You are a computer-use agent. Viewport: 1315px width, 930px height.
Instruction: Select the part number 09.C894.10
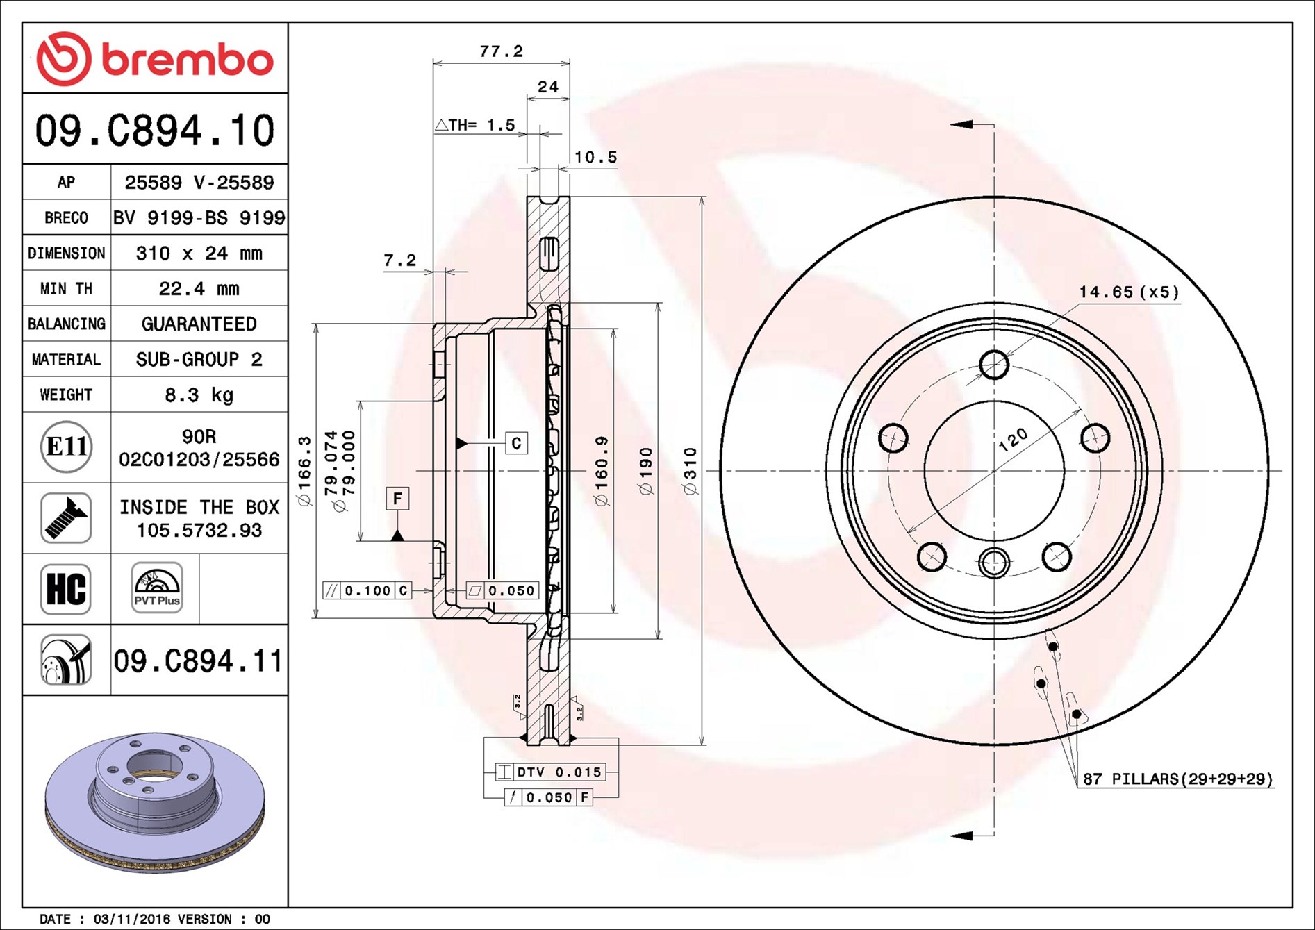(x=155, y=131)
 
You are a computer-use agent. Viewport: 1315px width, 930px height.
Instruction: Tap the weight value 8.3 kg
(x=199, y=395)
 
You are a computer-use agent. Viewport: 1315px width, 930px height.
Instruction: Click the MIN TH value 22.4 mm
(x=199, y=288)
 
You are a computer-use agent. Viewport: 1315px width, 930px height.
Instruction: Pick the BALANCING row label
(x=67, y=324)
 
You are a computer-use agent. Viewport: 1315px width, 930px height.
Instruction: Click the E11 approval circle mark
(x=66, y=447)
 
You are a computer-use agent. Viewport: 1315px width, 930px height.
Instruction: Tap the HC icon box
(x=66, y=589)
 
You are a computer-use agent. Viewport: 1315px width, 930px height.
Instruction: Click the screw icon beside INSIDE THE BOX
(x=66, y=518)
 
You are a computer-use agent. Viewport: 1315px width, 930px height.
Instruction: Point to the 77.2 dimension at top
(x=501, y=51)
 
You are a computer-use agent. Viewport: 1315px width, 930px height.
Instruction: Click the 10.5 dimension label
(x=595, y=158)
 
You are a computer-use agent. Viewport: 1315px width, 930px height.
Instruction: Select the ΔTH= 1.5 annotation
(x=475, y=126)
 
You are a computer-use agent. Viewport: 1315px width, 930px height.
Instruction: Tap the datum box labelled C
(x=516, y=443)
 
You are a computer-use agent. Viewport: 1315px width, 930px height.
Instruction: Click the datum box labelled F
(x=397, y=498)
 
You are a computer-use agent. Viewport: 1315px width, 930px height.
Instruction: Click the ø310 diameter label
(x=690, y=471)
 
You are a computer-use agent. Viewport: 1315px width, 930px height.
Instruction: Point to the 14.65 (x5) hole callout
(x=1129, y=292)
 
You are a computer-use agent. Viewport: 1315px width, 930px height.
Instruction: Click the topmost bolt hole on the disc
(x=994, y=364)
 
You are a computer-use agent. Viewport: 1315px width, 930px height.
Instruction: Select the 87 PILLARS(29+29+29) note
(x=1177, y=779)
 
